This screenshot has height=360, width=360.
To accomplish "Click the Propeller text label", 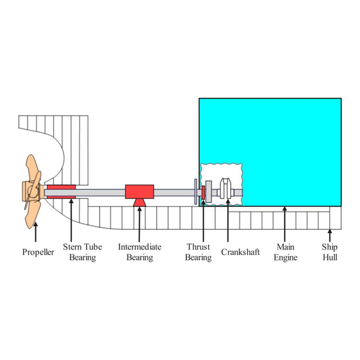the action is point(38,253).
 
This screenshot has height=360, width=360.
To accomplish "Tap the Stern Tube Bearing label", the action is point(82,252).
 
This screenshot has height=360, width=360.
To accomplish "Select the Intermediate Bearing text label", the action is point(139,252).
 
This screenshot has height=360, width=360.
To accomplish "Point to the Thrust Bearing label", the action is point(198,252).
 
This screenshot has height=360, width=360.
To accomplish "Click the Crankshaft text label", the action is point(240,252).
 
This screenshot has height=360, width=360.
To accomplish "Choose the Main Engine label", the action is point(285,252).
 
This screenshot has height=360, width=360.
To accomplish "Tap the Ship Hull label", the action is point(330,252).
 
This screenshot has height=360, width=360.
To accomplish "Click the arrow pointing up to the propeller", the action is point(35,232).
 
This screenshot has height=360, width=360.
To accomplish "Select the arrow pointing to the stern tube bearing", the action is point(71,221).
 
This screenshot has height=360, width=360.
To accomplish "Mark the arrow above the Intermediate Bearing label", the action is point(139,225).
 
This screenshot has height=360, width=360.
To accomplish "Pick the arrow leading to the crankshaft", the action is point(228,221).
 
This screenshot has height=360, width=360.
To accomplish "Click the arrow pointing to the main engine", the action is point(285,224).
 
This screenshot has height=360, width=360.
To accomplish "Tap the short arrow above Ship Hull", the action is point(330,235).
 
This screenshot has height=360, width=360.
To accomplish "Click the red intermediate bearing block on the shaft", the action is point(139,191).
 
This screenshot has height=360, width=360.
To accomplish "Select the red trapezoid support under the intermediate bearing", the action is point(139,202).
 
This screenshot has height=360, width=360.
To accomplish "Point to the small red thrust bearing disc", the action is point(203,193).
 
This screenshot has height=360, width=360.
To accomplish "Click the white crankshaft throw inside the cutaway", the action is point(226,189).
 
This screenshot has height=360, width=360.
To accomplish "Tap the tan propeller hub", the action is point(32,191).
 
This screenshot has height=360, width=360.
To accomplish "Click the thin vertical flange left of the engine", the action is point(195,191).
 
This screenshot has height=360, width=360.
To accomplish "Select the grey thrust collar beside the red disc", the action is point(209,191).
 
